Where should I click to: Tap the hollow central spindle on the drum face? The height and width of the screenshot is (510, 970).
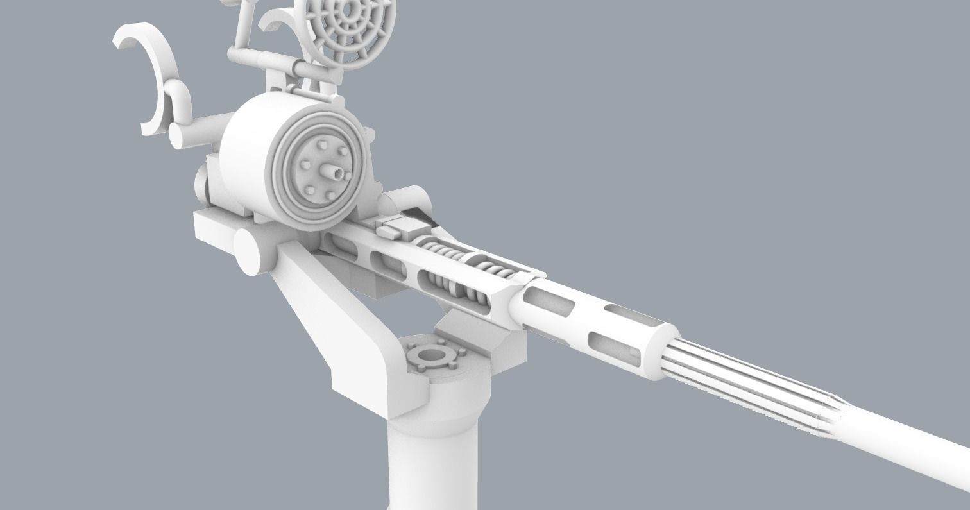pyautogui.click(x=334, y=171)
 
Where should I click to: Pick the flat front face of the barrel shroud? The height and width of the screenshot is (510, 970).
pyautogui.click(x=661, y=353)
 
